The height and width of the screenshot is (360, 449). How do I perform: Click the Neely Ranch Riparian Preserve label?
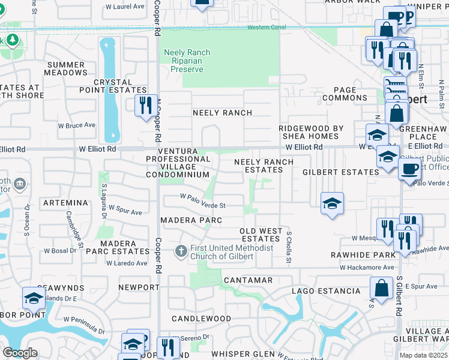click(187, 61)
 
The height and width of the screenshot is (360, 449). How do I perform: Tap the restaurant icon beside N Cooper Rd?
click(145, 106)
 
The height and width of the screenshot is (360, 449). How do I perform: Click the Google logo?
click(20, 353)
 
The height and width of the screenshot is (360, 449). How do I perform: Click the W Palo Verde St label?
click(203, 205)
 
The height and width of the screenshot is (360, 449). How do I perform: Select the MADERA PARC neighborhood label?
click(191, 220)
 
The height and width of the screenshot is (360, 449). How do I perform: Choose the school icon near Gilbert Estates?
click(331, 203)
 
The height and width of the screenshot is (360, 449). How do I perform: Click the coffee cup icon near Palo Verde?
click(409, 169)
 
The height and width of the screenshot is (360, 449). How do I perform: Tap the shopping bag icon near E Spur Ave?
click(381, 288)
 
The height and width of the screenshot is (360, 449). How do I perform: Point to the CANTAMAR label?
click(248, 280)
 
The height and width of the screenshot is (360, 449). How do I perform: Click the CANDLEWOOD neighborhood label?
click(201, 318)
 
